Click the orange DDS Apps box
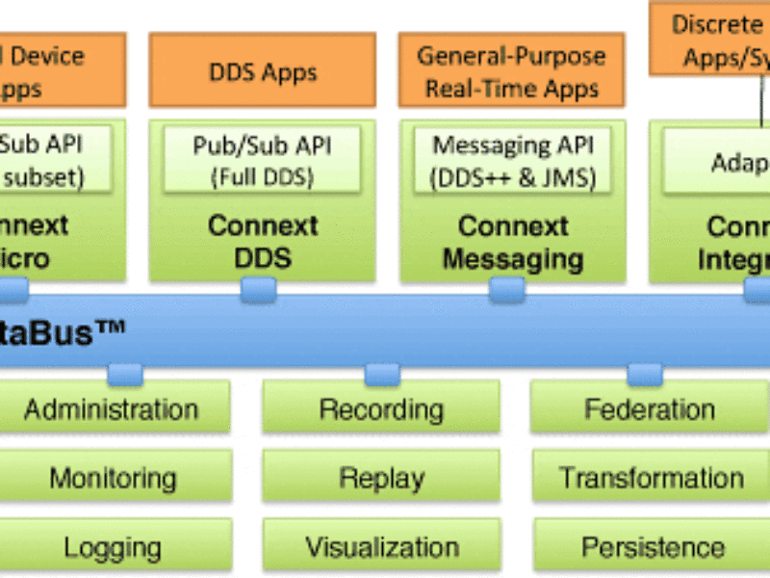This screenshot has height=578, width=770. click(x=262, y=70)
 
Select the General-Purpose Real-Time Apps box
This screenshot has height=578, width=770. click(x=512, y=70)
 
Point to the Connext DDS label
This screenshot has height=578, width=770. click(x=262, y=242)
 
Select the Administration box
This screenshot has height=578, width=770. click(x=112, y=408)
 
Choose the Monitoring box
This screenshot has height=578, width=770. click(x=113, y=478)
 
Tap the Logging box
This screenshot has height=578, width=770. click(x=113, y=547)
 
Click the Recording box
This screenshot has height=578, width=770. click(x=381, y=408)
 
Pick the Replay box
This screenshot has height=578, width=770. click(x=381, y=478)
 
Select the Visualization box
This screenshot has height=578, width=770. click(x=381, y=547)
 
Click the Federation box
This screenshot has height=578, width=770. click(x=649, y=408)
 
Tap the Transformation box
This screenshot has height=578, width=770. click(x=651, y=478)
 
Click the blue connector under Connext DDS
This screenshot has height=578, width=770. click(x=258, y=289)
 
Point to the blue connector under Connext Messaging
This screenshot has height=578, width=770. click(x=506, y=289)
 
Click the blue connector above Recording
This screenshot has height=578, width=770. click(x=382, y=374)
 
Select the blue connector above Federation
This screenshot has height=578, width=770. click(x=644, y=374)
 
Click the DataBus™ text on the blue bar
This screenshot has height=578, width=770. click(x=63, y=332)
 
